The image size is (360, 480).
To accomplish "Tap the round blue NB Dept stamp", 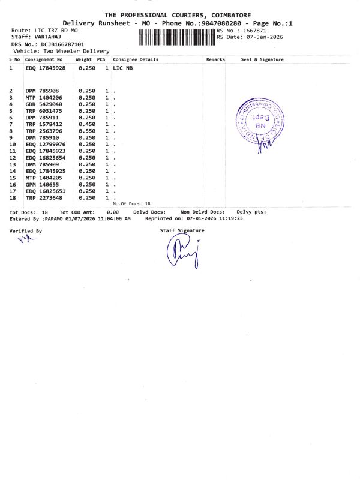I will coord(259,120).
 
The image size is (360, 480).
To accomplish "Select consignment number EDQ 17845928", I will coord(46,68).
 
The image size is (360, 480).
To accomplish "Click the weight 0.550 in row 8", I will coord(87,131).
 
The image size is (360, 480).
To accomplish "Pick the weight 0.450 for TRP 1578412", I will coord(87,124).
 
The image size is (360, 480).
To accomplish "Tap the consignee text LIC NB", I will coord(123,68).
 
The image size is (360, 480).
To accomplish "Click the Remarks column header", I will coord(215,60).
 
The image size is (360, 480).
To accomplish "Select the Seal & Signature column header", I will coord(262,60).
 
